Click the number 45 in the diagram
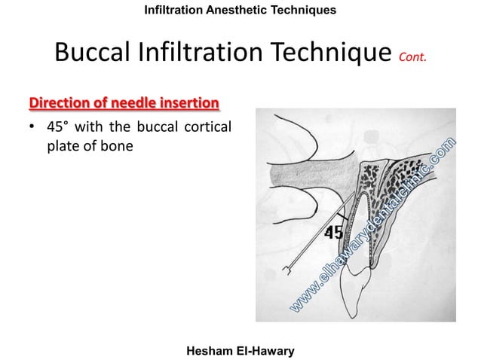point(332,232)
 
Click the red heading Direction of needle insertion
point(124,102)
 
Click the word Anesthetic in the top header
point(235,10)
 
